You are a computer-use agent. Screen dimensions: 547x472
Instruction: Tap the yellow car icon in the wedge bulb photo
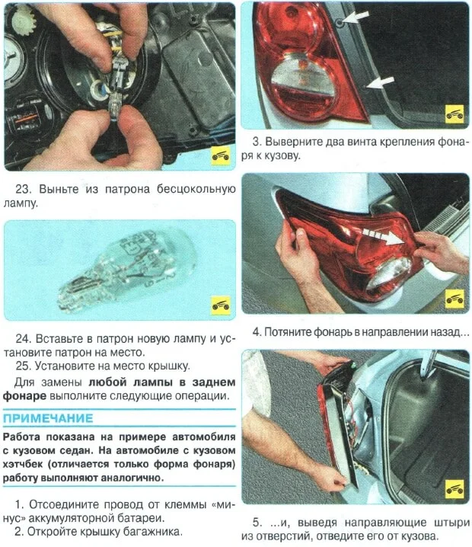coord(220,303)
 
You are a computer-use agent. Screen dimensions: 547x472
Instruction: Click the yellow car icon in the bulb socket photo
coord(220,155)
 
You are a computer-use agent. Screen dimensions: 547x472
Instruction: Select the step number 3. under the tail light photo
coord(257,142)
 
